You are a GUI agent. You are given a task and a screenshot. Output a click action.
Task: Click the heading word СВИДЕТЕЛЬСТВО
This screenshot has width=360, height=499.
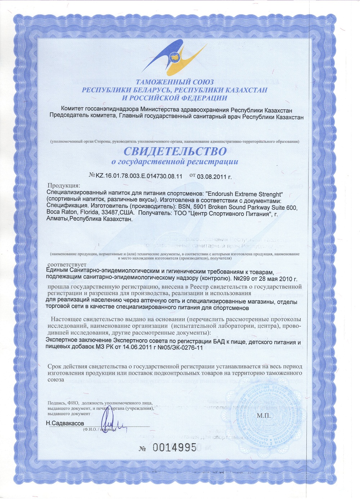tap(175, 150)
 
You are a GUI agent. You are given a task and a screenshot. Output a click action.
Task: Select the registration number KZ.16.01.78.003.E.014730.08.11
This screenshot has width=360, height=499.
tap(139, 176)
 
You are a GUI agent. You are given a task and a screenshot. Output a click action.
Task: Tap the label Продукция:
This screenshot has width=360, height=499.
tap(64, 185)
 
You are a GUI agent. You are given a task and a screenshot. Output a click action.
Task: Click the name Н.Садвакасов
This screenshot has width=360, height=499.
tap(65, 423)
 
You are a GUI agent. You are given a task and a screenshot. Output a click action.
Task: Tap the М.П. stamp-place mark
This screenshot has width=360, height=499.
tap(264, 416)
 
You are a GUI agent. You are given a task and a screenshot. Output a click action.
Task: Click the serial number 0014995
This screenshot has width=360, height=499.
tap(175, 448)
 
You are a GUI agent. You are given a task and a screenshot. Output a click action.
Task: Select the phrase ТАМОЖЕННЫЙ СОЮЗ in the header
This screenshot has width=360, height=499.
tap(175, 82)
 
